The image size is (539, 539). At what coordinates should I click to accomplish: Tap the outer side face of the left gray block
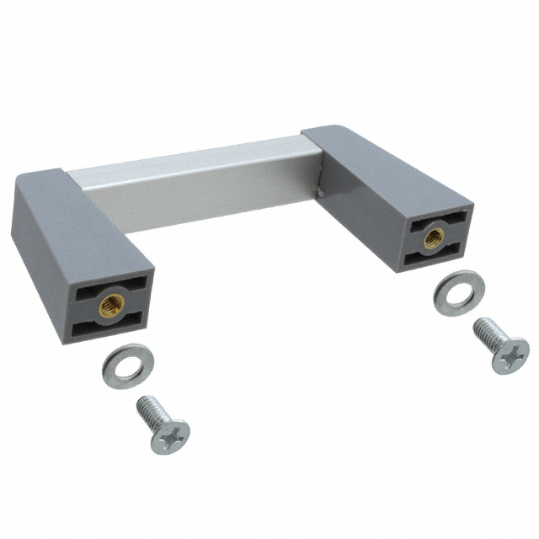click(38, 261)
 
